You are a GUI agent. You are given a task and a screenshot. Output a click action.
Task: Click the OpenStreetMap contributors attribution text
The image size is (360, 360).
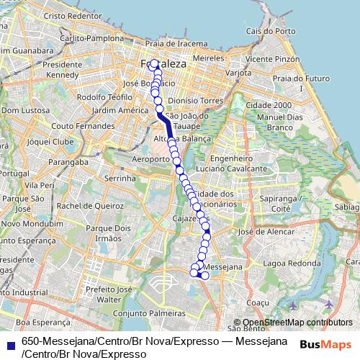pos(297,323)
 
